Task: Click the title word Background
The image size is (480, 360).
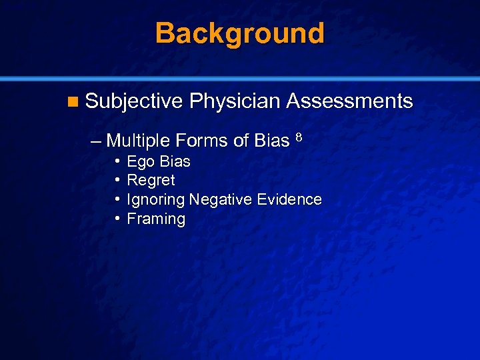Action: [x=240, y=33]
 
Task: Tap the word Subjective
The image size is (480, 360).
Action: [x=134, y=101]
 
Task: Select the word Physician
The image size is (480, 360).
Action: [x=234, y=101]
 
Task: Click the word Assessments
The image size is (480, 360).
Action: [x=349, y=101]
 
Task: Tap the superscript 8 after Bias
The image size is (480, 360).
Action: [x=299, y=138]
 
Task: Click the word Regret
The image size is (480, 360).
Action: [x=151, y=181]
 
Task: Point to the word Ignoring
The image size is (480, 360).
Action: [x=155, y=200]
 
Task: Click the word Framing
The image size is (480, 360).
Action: [x=156, y=219]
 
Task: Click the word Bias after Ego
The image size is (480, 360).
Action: [x=175, y=161]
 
